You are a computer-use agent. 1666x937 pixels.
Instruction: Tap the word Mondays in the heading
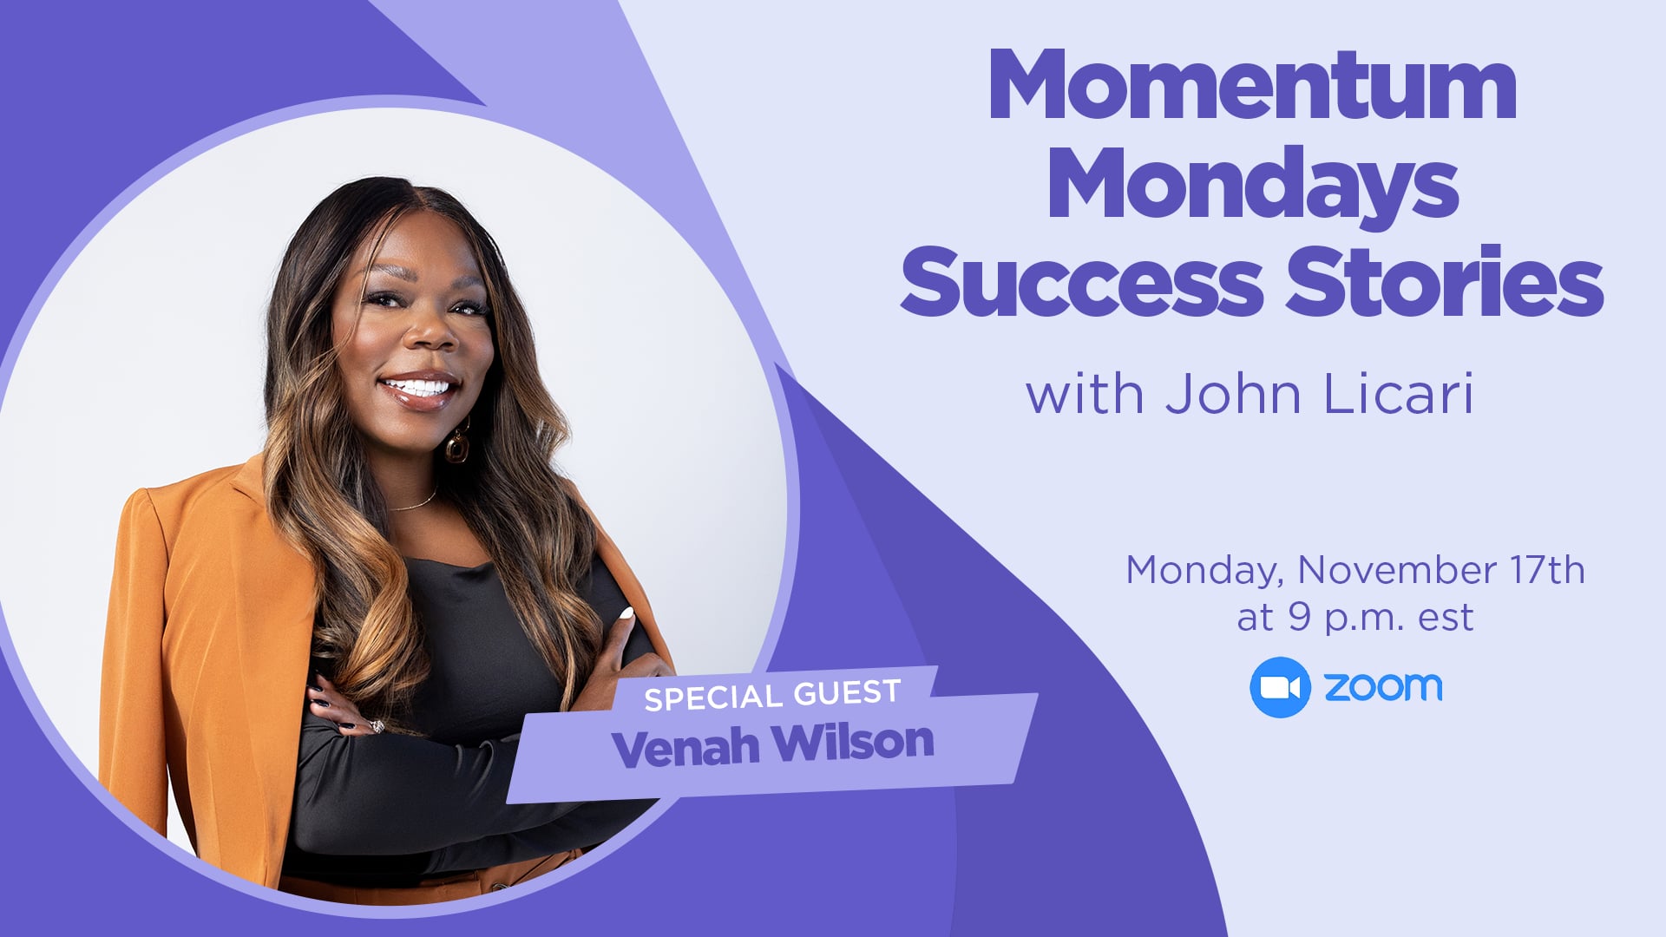coord(1253,185)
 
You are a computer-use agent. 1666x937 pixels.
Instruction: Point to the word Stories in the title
coord(1444,280)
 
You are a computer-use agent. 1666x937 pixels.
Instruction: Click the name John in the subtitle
coord(1233,395)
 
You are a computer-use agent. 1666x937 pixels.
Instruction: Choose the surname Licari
coord(1399,395)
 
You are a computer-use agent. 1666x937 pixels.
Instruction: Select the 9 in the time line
coord(1298,617)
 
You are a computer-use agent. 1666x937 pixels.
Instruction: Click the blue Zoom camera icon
coord(1280,687)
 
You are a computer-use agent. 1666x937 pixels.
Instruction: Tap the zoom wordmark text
coord(1383,687)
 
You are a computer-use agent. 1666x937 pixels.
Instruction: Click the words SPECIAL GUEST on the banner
coord(772,695)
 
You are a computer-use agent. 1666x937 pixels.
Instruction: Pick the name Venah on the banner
coord(686,748)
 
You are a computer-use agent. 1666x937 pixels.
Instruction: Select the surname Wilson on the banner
coord(854,743)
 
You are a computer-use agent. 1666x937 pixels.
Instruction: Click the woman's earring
coord(457,443)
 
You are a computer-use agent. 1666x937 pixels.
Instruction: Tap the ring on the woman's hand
coord(377,725)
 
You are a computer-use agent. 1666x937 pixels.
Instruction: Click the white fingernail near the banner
coord(626,613)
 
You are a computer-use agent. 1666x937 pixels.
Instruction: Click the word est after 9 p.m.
coord(1446,619)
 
